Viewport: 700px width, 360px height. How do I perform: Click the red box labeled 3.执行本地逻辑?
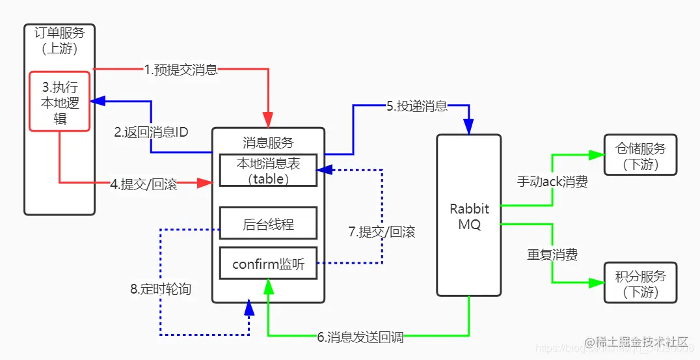pyautogui.click(x=59, y=100)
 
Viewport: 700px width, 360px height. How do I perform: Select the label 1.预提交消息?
pyautogui.click(x=180, y=70)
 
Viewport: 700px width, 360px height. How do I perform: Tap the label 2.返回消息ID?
pyautogui.click(x=151, y=132)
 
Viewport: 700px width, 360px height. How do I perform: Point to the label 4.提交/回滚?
pyautogui.click(x=143, y=184)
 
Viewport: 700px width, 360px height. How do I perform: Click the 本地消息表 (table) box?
pyautogui.click(x=268, y=171)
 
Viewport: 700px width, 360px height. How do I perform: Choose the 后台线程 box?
pyautogui.click(x=268, y=225)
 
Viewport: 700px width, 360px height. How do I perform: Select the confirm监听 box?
pyautogui.click(x=268, y=264)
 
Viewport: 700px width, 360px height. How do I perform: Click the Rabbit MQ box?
pyautogui.click(x=468, y=215)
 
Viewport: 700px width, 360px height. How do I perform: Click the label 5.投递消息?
pyautogui.click(x=417, y=106)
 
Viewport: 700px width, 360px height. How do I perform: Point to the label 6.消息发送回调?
pyautogui.click(x=360, y=337)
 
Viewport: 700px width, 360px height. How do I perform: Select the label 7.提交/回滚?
pyautogui.click(x=382, y=232)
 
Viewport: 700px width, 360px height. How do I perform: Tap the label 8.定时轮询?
pyautogui.click(x=161, y=289)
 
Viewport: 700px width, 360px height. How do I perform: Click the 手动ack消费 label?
pyautogui.click(x=552, y=183)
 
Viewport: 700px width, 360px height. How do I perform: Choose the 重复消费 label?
pyautogui.click(x=552, y=255)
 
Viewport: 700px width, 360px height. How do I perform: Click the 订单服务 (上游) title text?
pyautogui.click(x=59, y=40)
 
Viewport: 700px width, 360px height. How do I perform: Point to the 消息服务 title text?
pyautogui.click(x=268, y=143)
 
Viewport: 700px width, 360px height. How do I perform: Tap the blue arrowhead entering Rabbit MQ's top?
pyautogui.click(x=468, y=127)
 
